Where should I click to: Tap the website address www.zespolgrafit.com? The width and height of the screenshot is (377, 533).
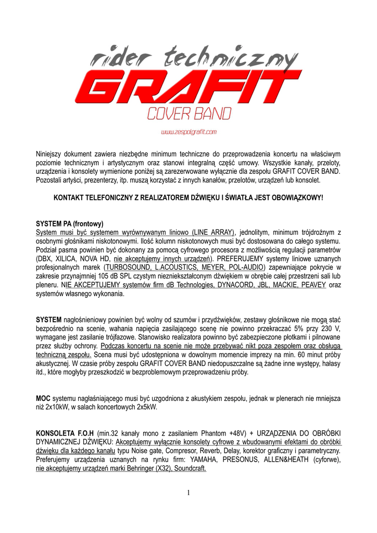tap(188, 132)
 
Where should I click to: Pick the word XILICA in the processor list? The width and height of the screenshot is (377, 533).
tap(70, 258)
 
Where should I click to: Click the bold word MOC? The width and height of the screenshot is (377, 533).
tap(43, 398)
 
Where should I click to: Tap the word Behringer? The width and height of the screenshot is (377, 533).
tap(140, 468)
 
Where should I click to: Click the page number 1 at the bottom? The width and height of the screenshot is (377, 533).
tap(188, 493)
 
